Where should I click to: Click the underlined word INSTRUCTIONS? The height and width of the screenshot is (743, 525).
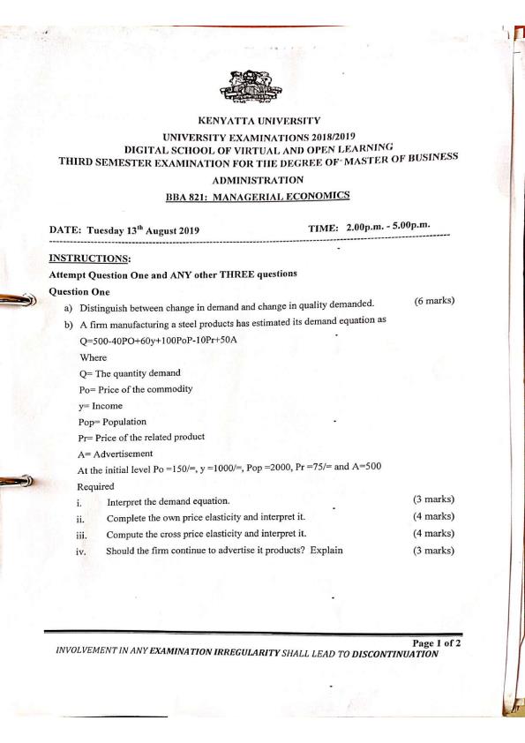90,258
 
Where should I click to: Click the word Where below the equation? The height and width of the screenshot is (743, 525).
93,357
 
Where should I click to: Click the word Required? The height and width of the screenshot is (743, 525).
98,485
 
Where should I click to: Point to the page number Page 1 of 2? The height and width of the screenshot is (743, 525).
432,642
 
